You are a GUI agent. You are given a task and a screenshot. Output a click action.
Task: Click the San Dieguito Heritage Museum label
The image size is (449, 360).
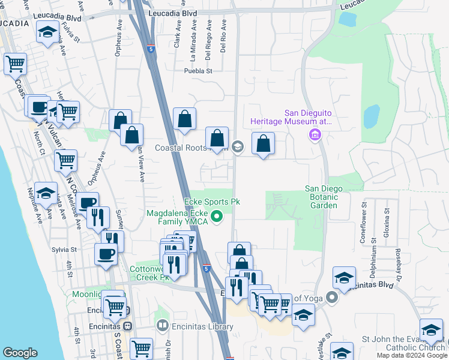point(308,117)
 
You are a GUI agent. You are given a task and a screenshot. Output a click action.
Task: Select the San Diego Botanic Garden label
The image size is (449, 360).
point(324,197)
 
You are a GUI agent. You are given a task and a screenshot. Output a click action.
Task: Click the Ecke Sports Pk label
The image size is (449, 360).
point(211,202)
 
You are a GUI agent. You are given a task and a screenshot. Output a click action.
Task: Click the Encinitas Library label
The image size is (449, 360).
point(202,327)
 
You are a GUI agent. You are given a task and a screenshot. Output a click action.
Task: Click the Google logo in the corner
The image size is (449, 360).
point(20,353)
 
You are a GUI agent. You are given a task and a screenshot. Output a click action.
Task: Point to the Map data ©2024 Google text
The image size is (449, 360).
point(412,355)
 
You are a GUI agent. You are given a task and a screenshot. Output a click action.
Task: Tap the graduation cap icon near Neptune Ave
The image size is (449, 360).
point(46,193)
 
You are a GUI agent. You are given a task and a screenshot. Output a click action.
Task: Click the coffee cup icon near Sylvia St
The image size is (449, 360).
point(106,253)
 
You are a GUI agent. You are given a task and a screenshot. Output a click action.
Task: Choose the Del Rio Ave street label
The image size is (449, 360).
point(223,37)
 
